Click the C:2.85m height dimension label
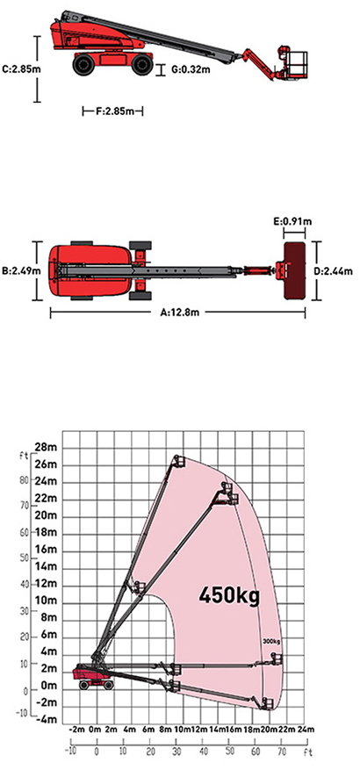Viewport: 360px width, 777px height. click(21, 68)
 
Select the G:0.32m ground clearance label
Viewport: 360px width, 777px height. click(191, 69)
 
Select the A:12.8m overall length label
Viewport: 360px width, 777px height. click(179, 313)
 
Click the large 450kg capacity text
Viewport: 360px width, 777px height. click(229, 594)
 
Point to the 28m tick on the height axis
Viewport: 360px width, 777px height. click(47, 448)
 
